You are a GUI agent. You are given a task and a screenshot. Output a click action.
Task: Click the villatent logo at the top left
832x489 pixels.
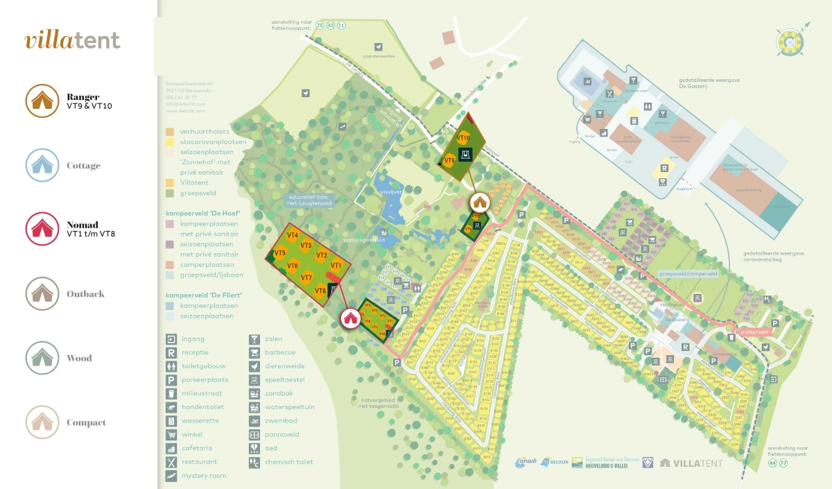tap(72, 40)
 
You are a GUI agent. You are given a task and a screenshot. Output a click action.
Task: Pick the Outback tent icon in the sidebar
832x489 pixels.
tap(43, 293)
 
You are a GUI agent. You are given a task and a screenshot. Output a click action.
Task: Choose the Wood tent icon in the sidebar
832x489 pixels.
tap(43, 358)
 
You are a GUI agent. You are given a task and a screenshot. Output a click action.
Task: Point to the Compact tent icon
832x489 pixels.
tap(43, 422)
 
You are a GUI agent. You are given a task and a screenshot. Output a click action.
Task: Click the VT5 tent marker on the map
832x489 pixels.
tap(279, 253)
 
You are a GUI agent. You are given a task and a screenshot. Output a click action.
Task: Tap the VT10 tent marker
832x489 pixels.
tap(463, 138)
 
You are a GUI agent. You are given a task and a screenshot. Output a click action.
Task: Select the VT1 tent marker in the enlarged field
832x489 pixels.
tap(336, 265)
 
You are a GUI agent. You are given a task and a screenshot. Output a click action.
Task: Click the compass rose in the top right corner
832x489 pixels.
tap(790, 41)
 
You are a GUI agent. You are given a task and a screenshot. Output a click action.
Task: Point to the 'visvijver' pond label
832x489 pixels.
tap(391, 191)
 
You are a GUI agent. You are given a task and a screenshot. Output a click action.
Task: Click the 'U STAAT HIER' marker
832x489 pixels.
tap(754, 332)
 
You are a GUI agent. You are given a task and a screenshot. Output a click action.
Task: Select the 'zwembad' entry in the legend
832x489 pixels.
tap(281, 421)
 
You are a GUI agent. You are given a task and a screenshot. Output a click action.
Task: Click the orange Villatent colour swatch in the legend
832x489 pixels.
tap(170, 183)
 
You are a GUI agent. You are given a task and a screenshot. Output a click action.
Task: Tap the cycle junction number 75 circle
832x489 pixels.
tap(320, 26)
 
